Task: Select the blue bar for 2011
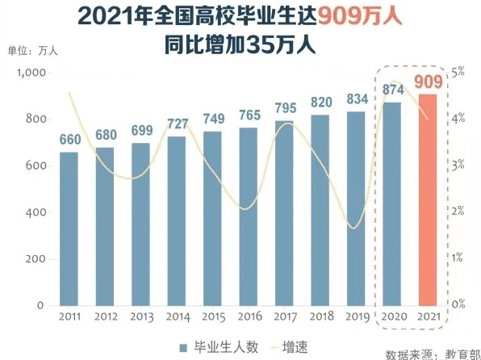(69, 229)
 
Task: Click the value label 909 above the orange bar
(428, 82)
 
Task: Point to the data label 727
(177, 124)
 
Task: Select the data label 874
(392, 90)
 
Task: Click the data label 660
(69, 140)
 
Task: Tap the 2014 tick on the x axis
(177, 318)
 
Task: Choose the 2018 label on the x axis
(320, 318)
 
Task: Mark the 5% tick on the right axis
(458, 72)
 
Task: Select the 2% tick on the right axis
(458, 211)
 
